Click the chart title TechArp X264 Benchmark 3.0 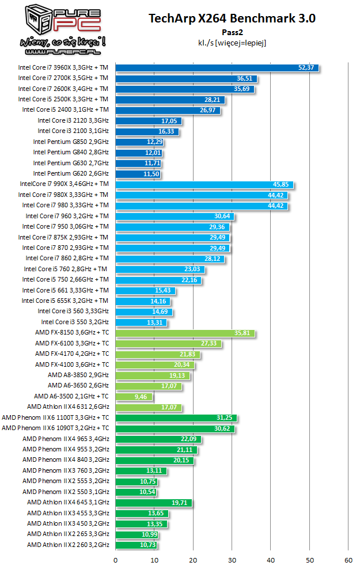tap(232, 18)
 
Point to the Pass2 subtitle tap(232, 32)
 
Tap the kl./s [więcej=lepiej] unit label tap(232, 43)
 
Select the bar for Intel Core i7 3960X tap(217, 68)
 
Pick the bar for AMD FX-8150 tap(185, 333)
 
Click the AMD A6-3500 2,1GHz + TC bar tap(134, 397)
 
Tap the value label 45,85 tap(281, 185)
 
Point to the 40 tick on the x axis tap(271, 559)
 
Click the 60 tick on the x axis tap(348, 559)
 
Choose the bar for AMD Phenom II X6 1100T tap(176, 418)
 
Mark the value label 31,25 tap(225, 418)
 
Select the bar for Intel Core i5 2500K tap(170, 100)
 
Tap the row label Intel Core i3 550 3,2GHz tap(75, 322)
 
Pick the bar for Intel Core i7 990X tap(204, 185)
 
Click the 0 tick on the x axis tap(116, 559)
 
